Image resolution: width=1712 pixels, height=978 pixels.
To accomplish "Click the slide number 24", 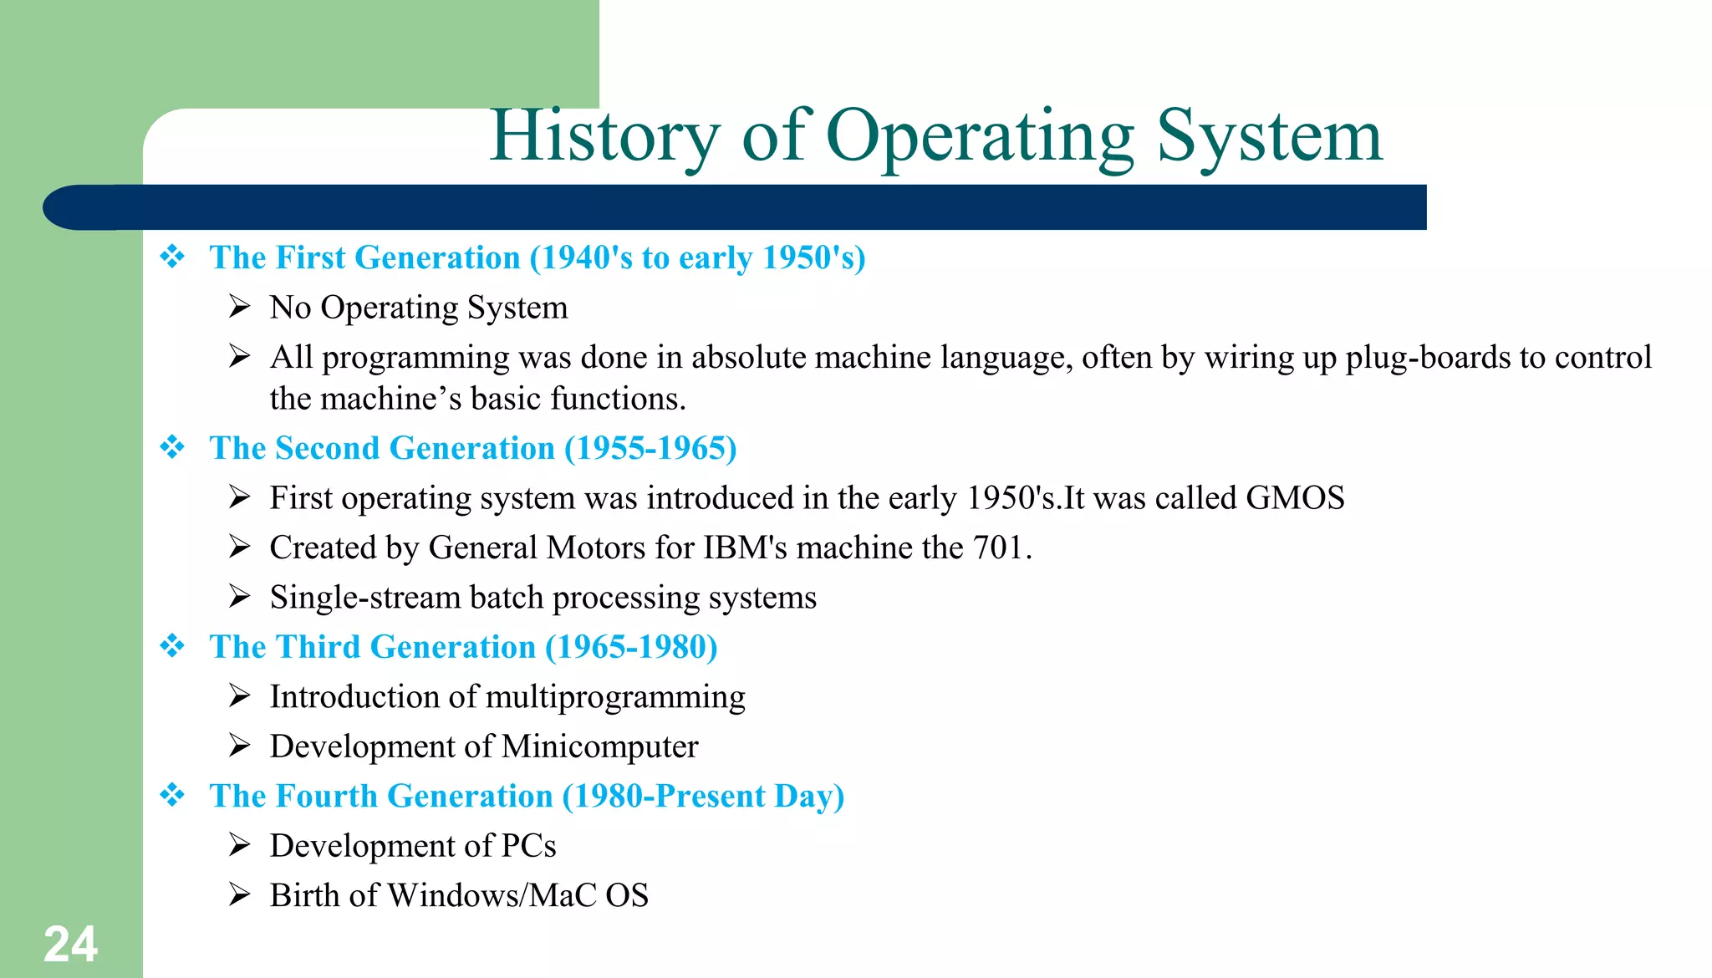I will click(70, 945).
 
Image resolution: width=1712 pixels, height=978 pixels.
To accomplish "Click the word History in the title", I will click(604, 135).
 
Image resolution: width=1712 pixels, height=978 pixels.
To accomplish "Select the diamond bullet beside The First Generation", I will click(172, 257).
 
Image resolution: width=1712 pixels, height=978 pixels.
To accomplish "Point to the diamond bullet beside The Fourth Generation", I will click(172, 795).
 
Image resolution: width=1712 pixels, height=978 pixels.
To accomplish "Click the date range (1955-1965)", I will click(650, 448).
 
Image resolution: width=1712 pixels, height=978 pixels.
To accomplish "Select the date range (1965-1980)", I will click(631, 647).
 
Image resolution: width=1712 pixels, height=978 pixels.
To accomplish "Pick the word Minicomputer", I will click(599, 746).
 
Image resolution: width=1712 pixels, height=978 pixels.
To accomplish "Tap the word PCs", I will click(528, 846).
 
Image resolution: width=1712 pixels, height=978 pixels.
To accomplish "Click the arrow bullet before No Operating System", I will click(240, 307).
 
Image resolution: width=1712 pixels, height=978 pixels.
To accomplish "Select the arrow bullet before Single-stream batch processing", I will click(240, 597).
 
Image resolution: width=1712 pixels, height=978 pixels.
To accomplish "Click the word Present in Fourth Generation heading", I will click(711, 796).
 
